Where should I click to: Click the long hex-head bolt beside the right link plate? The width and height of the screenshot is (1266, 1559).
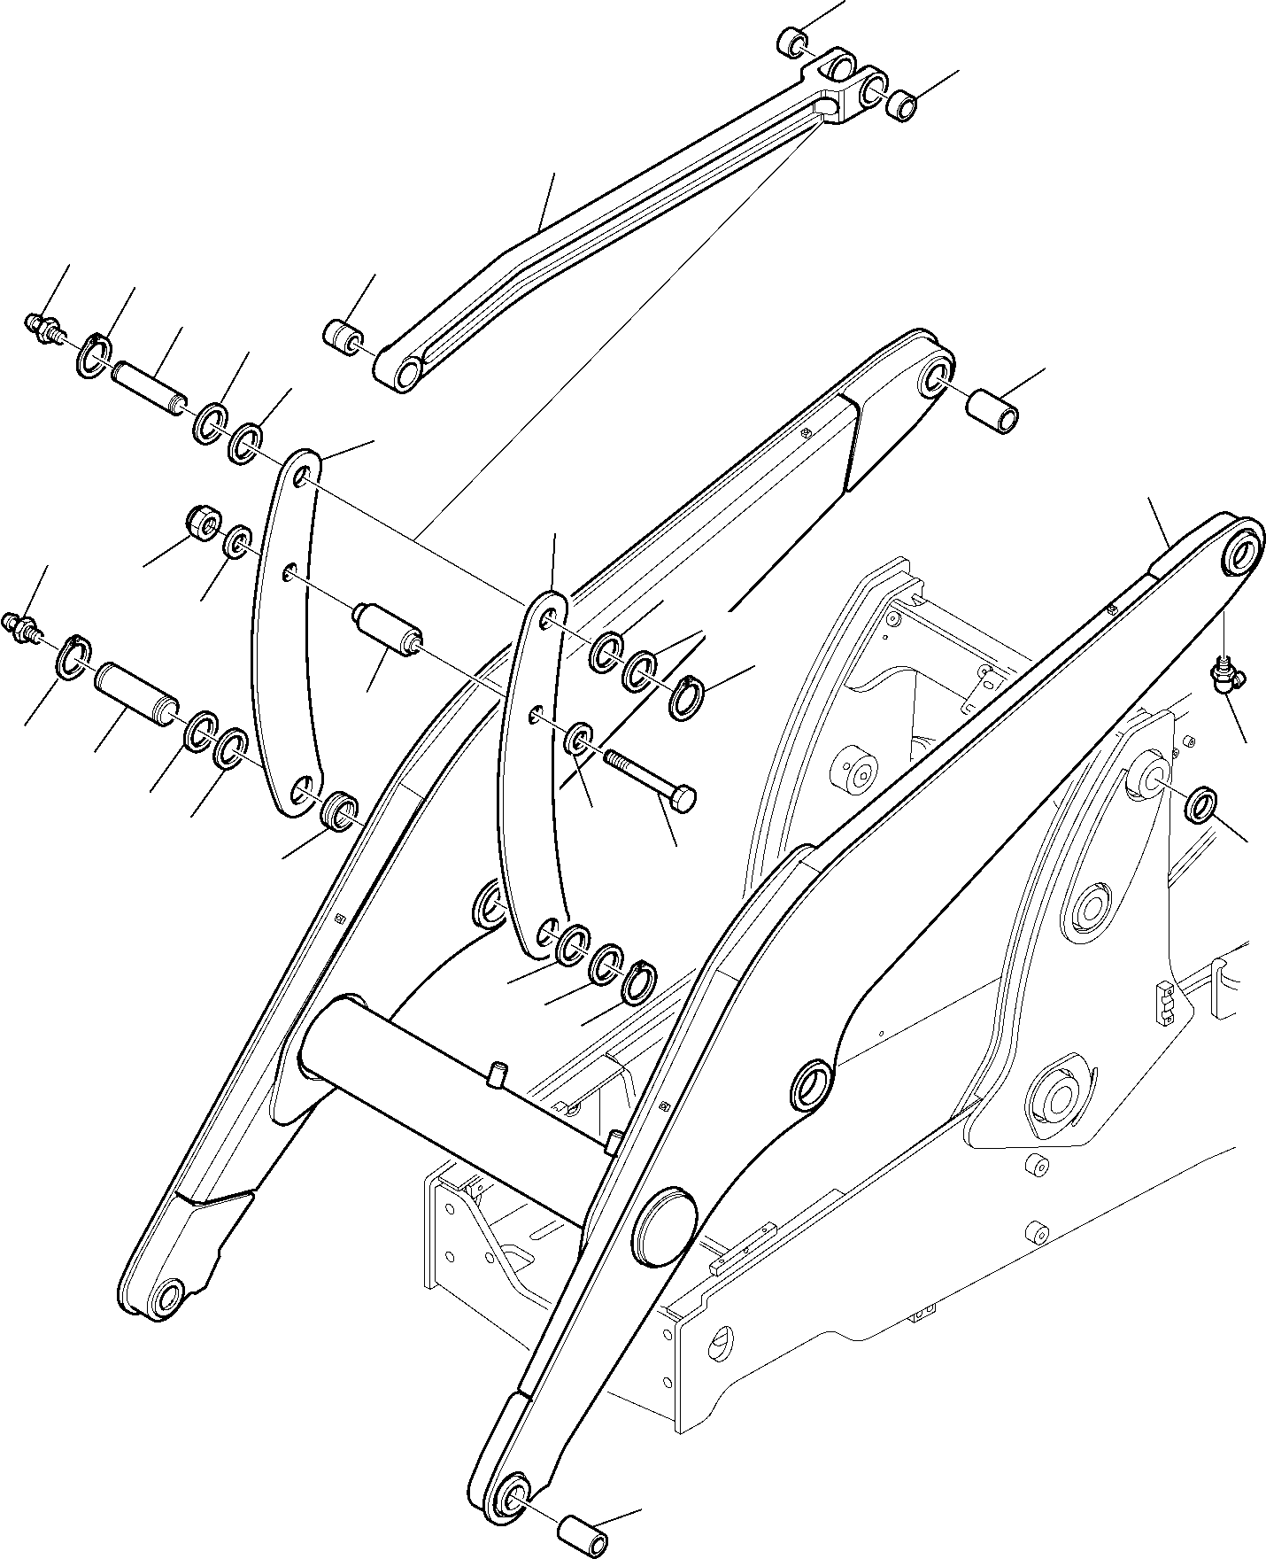(x=651, y=777)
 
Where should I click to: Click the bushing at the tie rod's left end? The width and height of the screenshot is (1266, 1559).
(x=343, y=338)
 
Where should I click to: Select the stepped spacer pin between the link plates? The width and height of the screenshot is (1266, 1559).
(x=387, y=628)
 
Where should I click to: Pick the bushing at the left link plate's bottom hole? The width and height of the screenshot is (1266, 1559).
(x=339, y=811)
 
